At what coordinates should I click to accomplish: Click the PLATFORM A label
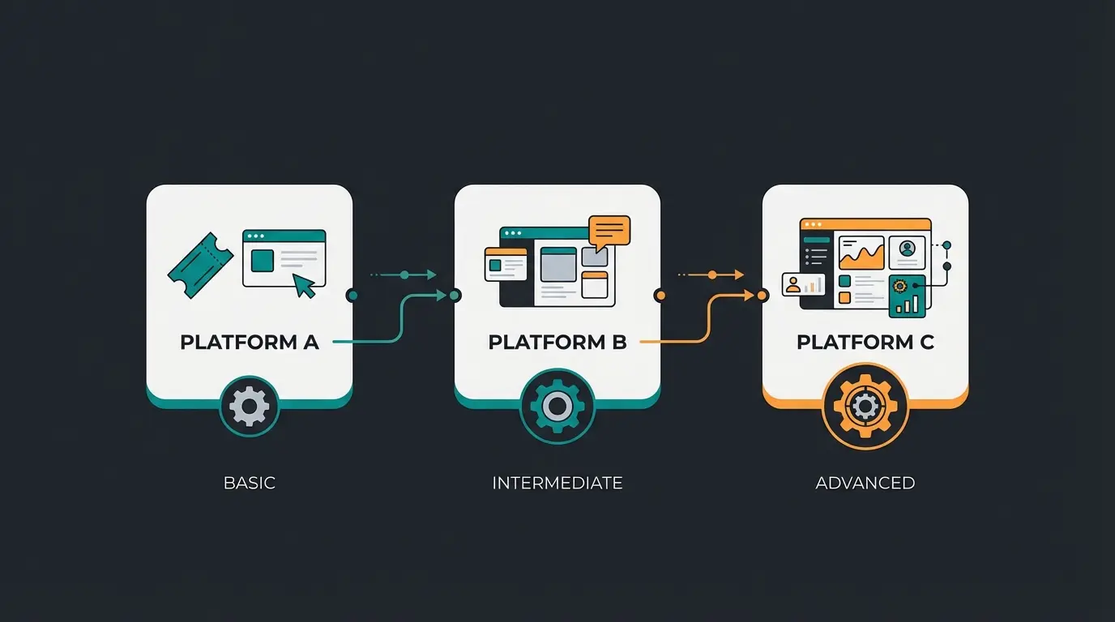tap(249, 342)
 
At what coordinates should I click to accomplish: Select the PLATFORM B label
tap(557, 342)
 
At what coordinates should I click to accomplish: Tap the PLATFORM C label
tap(865, 342)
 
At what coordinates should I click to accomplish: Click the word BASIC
tap(249, 484)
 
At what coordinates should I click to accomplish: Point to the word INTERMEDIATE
tap(557, 484)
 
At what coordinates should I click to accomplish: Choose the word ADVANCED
tap(865, 484)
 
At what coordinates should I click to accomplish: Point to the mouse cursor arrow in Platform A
tap(304, 285)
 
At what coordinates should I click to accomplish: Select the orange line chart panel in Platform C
tap(861, 253)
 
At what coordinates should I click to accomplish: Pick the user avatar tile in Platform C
tap(907, 251)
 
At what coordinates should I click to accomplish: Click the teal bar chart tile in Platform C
tap(907, 296)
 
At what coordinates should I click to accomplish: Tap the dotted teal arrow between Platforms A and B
tap(405, 275)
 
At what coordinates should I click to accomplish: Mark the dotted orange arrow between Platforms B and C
tap(711, 275)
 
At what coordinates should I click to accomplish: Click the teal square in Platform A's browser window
tap(262, 261)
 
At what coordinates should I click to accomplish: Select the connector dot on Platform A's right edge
tap(352, 296)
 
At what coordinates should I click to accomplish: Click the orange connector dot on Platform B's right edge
tap(660, 296)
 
